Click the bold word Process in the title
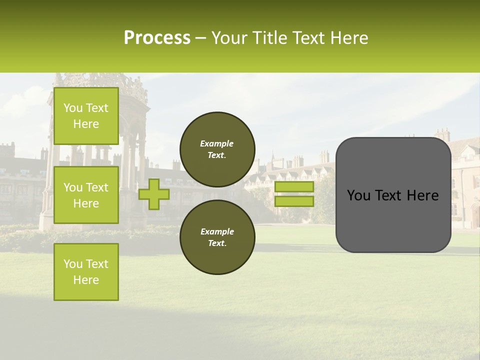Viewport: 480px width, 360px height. (x=157, y=38)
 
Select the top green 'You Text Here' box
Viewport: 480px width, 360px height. (x=86, y=116)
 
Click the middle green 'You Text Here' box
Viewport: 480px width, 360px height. (x=86, y=195)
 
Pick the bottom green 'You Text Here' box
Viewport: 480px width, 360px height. (x=86, y=272)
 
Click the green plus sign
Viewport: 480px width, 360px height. (x=154, y=194)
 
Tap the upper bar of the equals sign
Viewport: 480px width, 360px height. (x=294, y=187)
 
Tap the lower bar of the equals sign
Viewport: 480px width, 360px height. (x=294, y=201)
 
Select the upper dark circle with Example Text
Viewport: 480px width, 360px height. (x=217, y=149)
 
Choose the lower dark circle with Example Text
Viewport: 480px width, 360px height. (x=217, y=237)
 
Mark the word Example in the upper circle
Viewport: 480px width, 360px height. (x=217, y=143)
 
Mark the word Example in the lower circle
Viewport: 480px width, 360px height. (x=217, y=231)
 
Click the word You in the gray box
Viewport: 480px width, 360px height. (x=358, y=195)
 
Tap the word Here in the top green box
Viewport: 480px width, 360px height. (x=86, y=124)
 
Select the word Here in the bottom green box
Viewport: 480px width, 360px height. (x=86, y=280)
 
